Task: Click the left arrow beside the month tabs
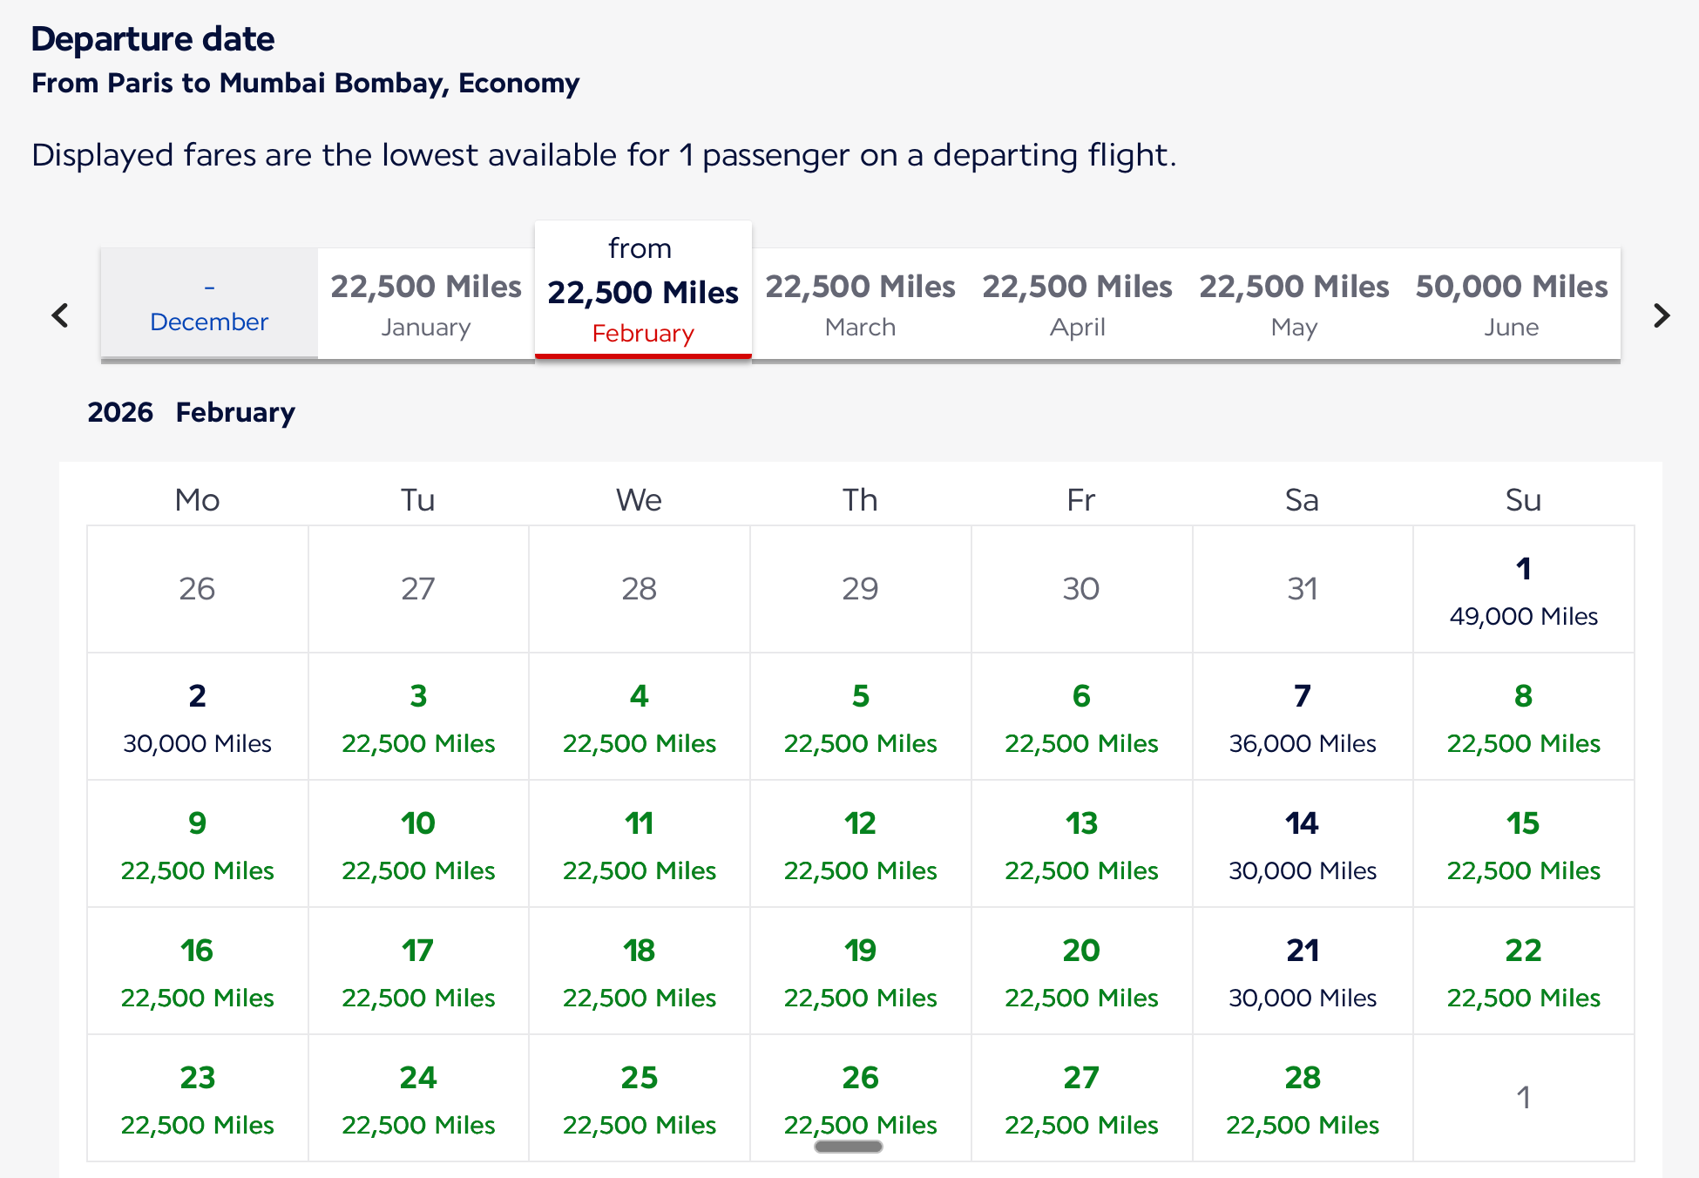click(60, 315)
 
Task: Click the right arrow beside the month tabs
click(1662, 315)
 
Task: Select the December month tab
click(209, 305)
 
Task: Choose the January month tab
click(426, 305)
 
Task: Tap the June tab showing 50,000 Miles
click(1512, 305)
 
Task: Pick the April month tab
click(1078, 305)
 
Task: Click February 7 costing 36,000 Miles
click(1303, 717)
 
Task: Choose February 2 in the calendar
click(198, 717)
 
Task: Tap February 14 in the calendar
click(1303, 844)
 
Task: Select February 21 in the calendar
click(1303, 972)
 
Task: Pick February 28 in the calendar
click(1303, 1099)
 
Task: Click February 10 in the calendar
click(418, 844)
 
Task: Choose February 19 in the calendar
click(861, 972)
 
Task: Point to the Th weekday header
click(860, 500)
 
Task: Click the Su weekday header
click(1523, 500)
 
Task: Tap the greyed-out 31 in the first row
click(1303, 589)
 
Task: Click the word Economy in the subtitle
click(518, 83)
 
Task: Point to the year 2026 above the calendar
click(120, 412)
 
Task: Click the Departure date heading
click(153, 39)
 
